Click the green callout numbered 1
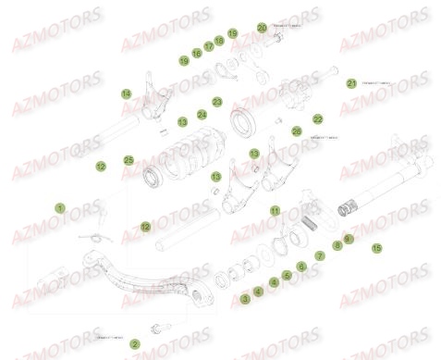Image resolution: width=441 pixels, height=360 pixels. (x=60, y=209)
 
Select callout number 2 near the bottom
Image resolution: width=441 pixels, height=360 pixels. (x=135, y=343)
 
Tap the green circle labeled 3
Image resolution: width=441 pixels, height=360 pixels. (x=244, y=299)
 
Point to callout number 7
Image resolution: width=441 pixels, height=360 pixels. (x=320, y=254)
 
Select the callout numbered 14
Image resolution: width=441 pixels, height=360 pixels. (x=125, y=93)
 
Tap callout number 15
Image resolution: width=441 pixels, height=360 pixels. (x=375, y=248)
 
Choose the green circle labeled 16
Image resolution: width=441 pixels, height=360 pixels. (x=197, y=54)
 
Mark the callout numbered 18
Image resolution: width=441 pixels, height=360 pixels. (x=219, y=41)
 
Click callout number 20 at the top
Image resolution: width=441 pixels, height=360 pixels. (x=262, y=28)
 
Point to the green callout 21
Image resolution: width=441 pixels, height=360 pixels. (x=351, y=83)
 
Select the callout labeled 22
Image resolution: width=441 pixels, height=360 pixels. (x=316, y=118)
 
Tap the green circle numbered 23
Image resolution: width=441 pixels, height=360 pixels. (x=216, y=102)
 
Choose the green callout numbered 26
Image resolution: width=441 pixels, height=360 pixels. (x=296, y=131)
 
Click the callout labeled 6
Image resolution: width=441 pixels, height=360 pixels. (x=300, y=266)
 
